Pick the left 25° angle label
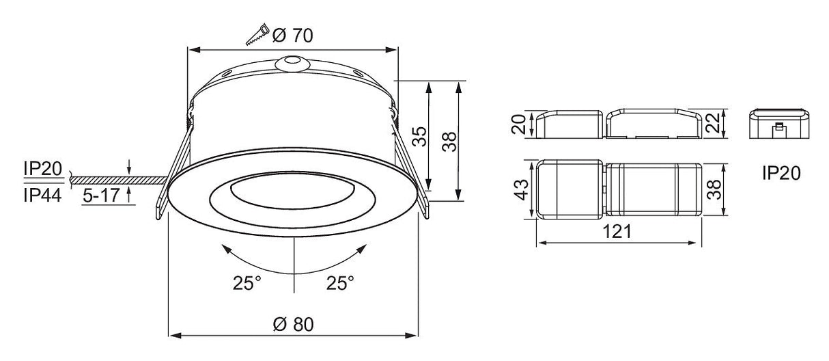(246, 282)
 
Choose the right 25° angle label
(340, 282)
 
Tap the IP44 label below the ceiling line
(42, 195)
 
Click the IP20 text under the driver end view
(782, 175)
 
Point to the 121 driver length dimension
(617, 232)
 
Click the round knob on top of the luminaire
(292, 63)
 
